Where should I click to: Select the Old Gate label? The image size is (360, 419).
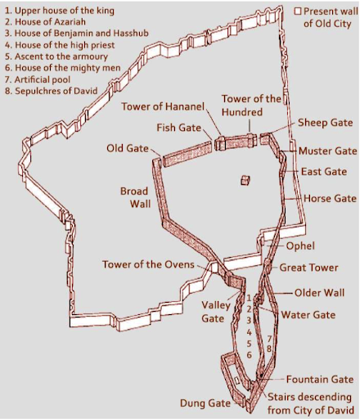coord(127,148)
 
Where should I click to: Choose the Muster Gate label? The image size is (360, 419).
coord(327,151)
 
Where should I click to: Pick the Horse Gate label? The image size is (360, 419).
coord(330,198)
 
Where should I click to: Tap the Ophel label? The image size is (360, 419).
coord(300,245)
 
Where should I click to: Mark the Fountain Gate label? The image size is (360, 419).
coord(319,380)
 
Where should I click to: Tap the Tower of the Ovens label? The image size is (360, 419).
coord(148,264)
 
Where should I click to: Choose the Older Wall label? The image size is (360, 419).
coord(314,293)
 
